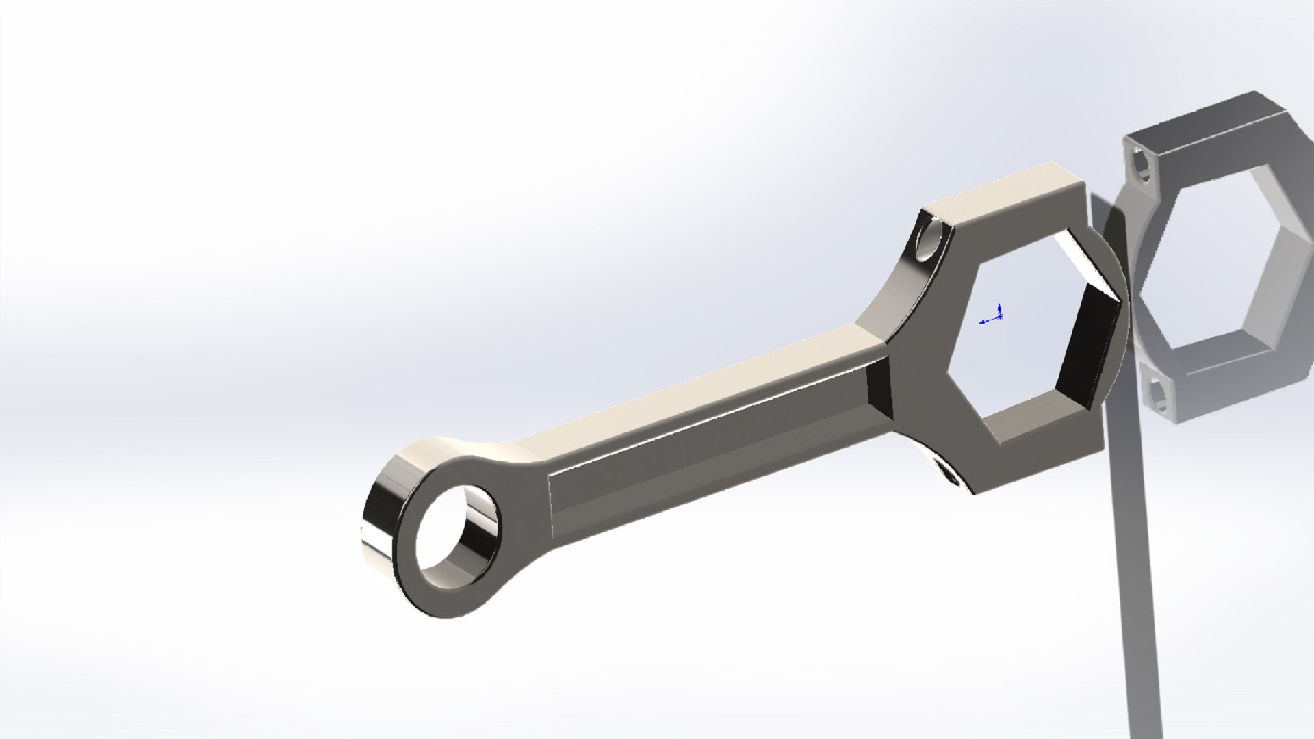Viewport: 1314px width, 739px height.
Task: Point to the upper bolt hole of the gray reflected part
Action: click(x=1142, y=164)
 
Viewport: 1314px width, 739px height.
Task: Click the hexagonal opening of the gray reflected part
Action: click(x=1225, y=260)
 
